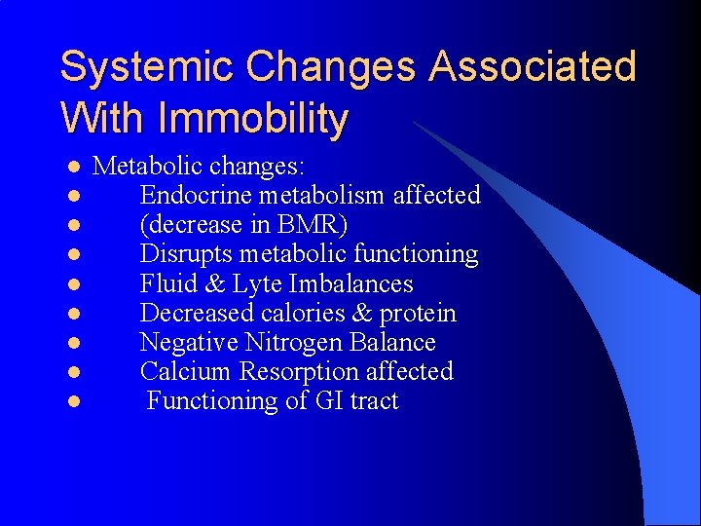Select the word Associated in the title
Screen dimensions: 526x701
(533, 68)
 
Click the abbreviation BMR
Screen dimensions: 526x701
(309, 225)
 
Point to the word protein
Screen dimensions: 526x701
(418, 314)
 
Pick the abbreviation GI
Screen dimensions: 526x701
(326, 401)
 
